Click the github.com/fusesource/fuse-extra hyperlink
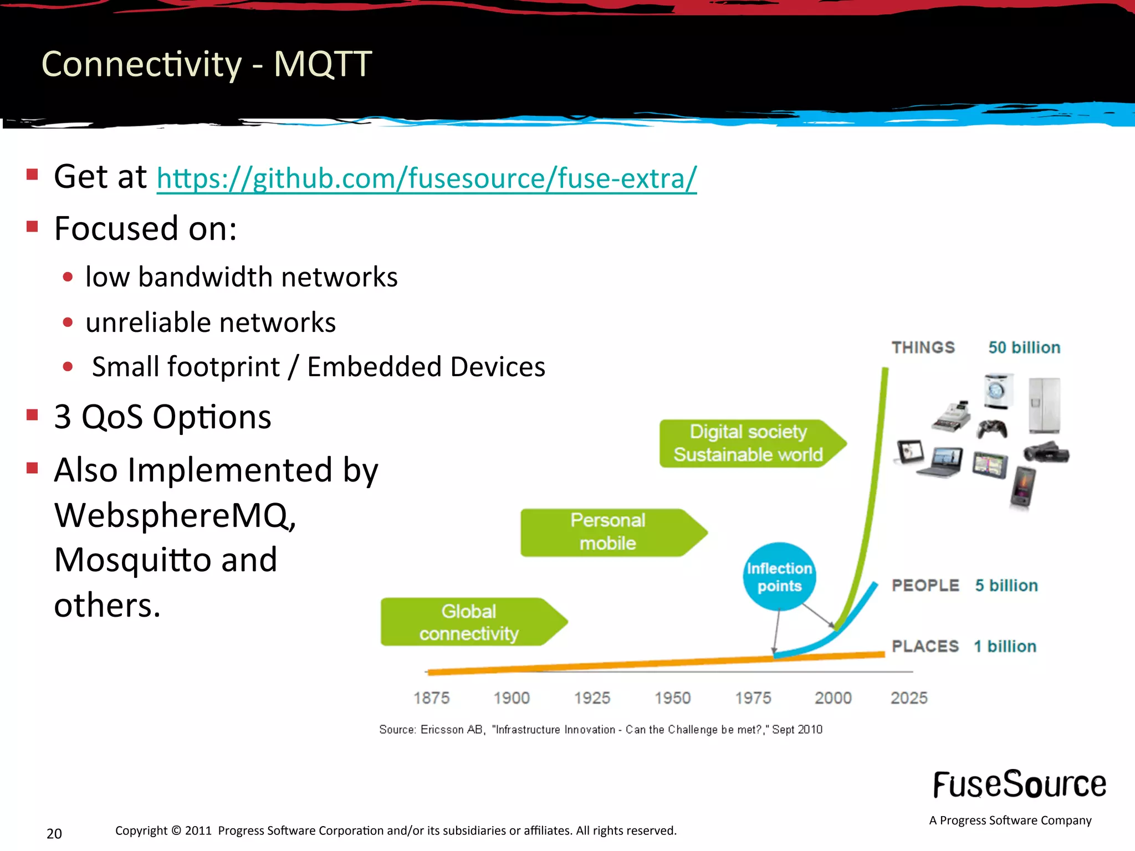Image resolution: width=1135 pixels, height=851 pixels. coord(426,178)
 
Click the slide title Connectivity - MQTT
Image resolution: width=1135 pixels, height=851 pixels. coord(206,64)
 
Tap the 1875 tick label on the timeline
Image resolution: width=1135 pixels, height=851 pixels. coord(431,698)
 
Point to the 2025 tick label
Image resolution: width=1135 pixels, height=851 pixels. coord(909,698)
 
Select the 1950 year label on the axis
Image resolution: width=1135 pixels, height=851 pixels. coord(672,698)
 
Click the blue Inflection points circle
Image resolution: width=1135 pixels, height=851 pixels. coord(779,577)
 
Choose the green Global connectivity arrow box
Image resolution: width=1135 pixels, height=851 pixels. coord(468,622)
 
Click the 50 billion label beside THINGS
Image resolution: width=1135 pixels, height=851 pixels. coord(1024,347)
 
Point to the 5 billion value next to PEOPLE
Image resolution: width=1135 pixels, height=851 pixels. coord(1006,586)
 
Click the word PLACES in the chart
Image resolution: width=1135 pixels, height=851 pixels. coord(925,646)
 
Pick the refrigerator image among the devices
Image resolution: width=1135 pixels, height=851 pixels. coord(1044,406)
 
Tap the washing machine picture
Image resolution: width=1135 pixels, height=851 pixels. coord(998,391)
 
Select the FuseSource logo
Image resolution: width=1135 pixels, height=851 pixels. coord(1019,785)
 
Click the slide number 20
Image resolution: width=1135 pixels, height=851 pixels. coord(54,833)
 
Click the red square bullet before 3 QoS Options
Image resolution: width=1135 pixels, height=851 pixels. coord(32,415)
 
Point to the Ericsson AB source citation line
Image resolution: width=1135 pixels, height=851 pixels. coord(600,730)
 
